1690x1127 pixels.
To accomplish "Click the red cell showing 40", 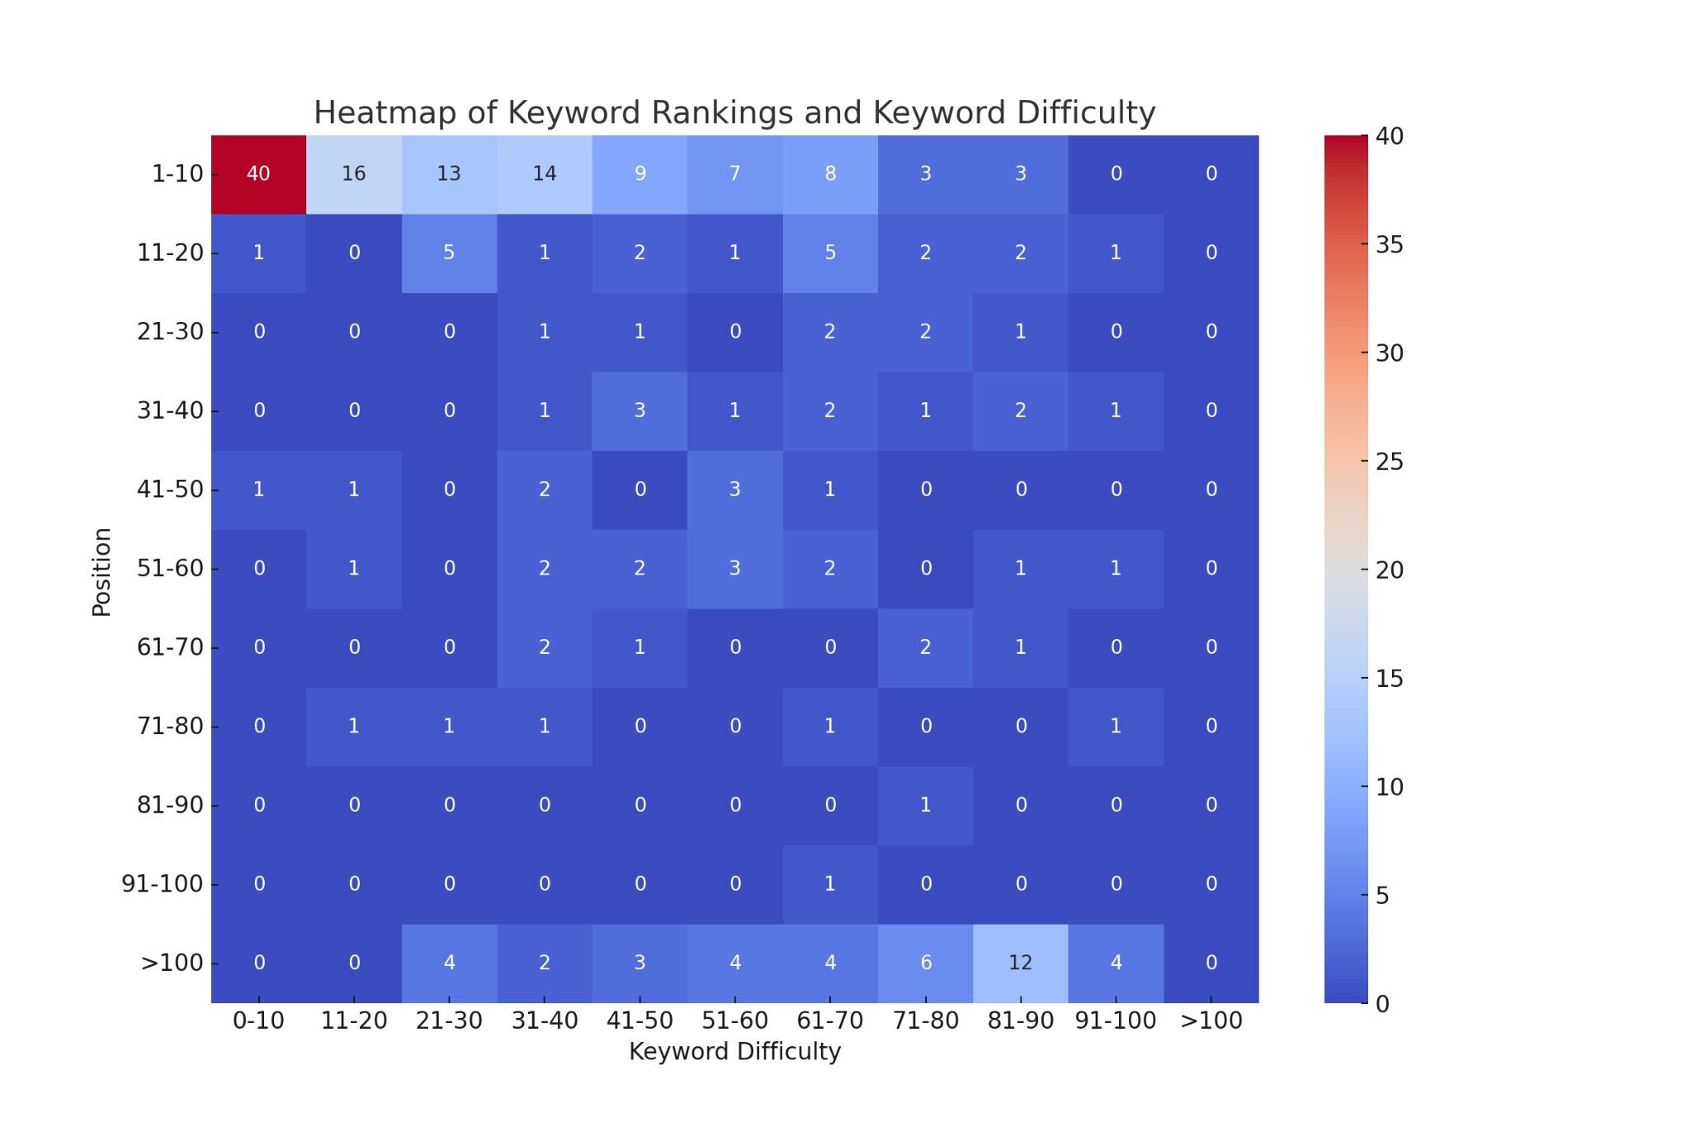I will coord(258,174).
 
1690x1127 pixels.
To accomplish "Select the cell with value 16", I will coord(353,174).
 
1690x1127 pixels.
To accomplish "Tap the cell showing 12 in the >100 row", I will coord(1020,963).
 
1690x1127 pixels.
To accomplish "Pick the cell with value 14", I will coord(544,174).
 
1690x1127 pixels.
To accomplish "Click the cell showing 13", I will coord(449,174).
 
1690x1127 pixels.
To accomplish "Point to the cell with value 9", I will coord(640,174).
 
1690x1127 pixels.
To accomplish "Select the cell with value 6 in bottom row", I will coord(925,963).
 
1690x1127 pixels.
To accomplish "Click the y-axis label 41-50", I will coord(170,490).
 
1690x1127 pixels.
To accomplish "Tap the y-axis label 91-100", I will coord(163,884).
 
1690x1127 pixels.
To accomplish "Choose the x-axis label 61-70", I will coord(829,1020).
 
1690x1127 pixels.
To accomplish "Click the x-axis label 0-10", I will coord(258,1020).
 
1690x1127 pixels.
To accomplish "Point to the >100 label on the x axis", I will coord(1211,1020).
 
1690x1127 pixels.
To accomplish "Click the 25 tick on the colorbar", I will coord(1390,462).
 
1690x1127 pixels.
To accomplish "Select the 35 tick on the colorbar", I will coord(1390,244).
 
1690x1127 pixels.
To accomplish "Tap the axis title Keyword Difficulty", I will coord(734,1052).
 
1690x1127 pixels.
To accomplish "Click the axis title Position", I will coord(101,571).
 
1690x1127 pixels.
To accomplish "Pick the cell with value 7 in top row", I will coord(734,174).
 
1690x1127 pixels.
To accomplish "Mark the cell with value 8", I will coord(829,174).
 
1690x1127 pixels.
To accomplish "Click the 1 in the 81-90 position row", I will coord(925,805).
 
